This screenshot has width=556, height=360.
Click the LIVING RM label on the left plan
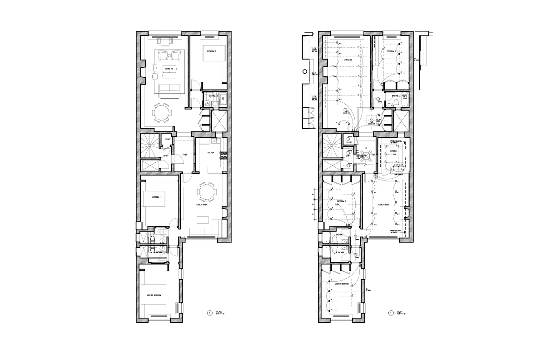[x=169, y=69]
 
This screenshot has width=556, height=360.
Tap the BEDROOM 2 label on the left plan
[x=211, y=52]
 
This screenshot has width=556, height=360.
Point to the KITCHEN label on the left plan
[x=210, y=153]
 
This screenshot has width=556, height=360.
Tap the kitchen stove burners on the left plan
[x=223, y=155]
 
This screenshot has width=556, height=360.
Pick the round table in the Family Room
[x=207, y=192]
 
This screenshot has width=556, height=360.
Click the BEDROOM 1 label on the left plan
[x=156, y=197]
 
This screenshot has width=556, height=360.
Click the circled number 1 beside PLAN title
[x=209, y=313]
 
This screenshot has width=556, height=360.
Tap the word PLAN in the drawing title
[x=219, y=311]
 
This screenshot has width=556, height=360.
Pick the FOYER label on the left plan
[x=185, y=155]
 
